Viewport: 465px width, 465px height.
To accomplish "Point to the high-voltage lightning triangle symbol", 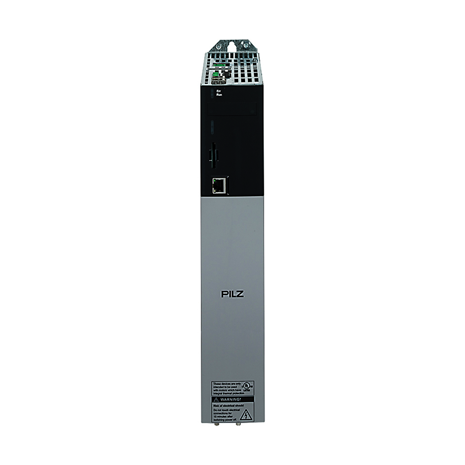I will click(x=245, y=415).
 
